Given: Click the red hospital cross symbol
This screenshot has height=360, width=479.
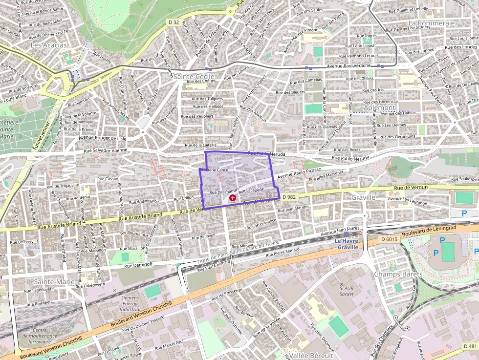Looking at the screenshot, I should point(233,198).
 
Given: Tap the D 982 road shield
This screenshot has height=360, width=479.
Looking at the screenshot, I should point(289,196).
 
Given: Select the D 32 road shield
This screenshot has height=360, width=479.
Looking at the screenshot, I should point(173,22).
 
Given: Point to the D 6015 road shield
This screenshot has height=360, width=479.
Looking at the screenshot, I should point(389,239).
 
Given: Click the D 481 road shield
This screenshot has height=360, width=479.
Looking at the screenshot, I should point(470,346).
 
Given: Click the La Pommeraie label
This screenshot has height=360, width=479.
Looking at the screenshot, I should point(432,23).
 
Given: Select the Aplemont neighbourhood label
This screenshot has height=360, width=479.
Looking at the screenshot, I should point(379,107).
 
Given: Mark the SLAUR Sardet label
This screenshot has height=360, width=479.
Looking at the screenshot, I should point(347,291).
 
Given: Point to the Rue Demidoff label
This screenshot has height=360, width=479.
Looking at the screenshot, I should point(138,265).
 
